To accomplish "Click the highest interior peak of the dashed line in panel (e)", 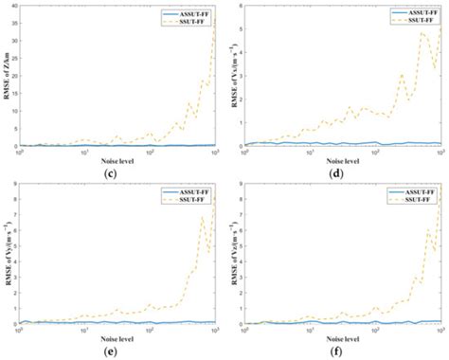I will pyautogui.click(x=202, y=219).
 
